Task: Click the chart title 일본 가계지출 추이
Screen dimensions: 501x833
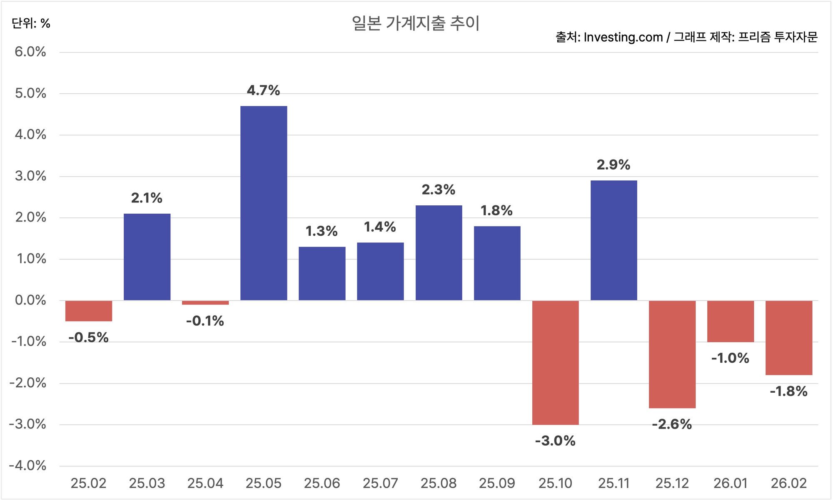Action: (416, 23)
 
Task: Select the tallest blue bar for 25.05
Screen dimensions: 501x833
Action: (264, 203)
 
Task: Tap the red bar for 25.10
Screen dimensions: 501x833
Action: (556, 362)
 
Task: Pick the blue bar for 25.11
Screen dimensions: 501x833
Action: (614, 240)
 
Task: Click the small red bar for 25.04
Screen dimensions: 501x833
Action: (205, 303)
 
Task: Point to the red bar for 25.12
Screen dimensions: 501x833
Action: (672, 354)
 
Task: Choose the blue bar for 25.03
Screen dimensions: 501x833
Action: (147, 257)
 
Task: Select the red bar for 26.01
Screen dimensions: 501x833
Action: (731, 321)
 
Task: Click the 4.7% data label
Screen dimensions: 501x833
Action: (263, 90)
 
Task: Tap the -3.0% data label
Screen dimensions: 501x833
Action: (555, 441)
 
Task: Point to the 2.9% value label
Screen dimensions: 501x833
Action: (614, 165)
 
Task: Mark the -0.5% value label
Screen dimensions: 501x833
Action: (88, 337)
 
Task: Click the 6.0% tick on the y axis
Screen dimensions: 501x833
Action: (30, 52)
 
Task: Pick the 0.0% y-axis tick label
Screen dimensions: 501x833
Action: (30, 300)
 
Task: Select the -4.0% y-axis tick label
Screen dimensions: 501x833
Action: (27, 466)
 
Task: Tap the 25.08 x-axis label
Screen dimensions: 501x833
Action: (439, 484)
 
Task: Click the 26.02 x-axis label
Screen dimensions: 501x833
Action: (789, 484)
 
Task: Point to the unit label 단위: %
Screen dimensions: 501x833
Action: (31, 23)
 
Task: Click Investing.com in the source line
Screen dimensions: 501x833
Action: (623, 37)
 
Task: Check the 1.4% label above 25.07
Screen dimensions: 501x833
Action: (380, 227)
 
